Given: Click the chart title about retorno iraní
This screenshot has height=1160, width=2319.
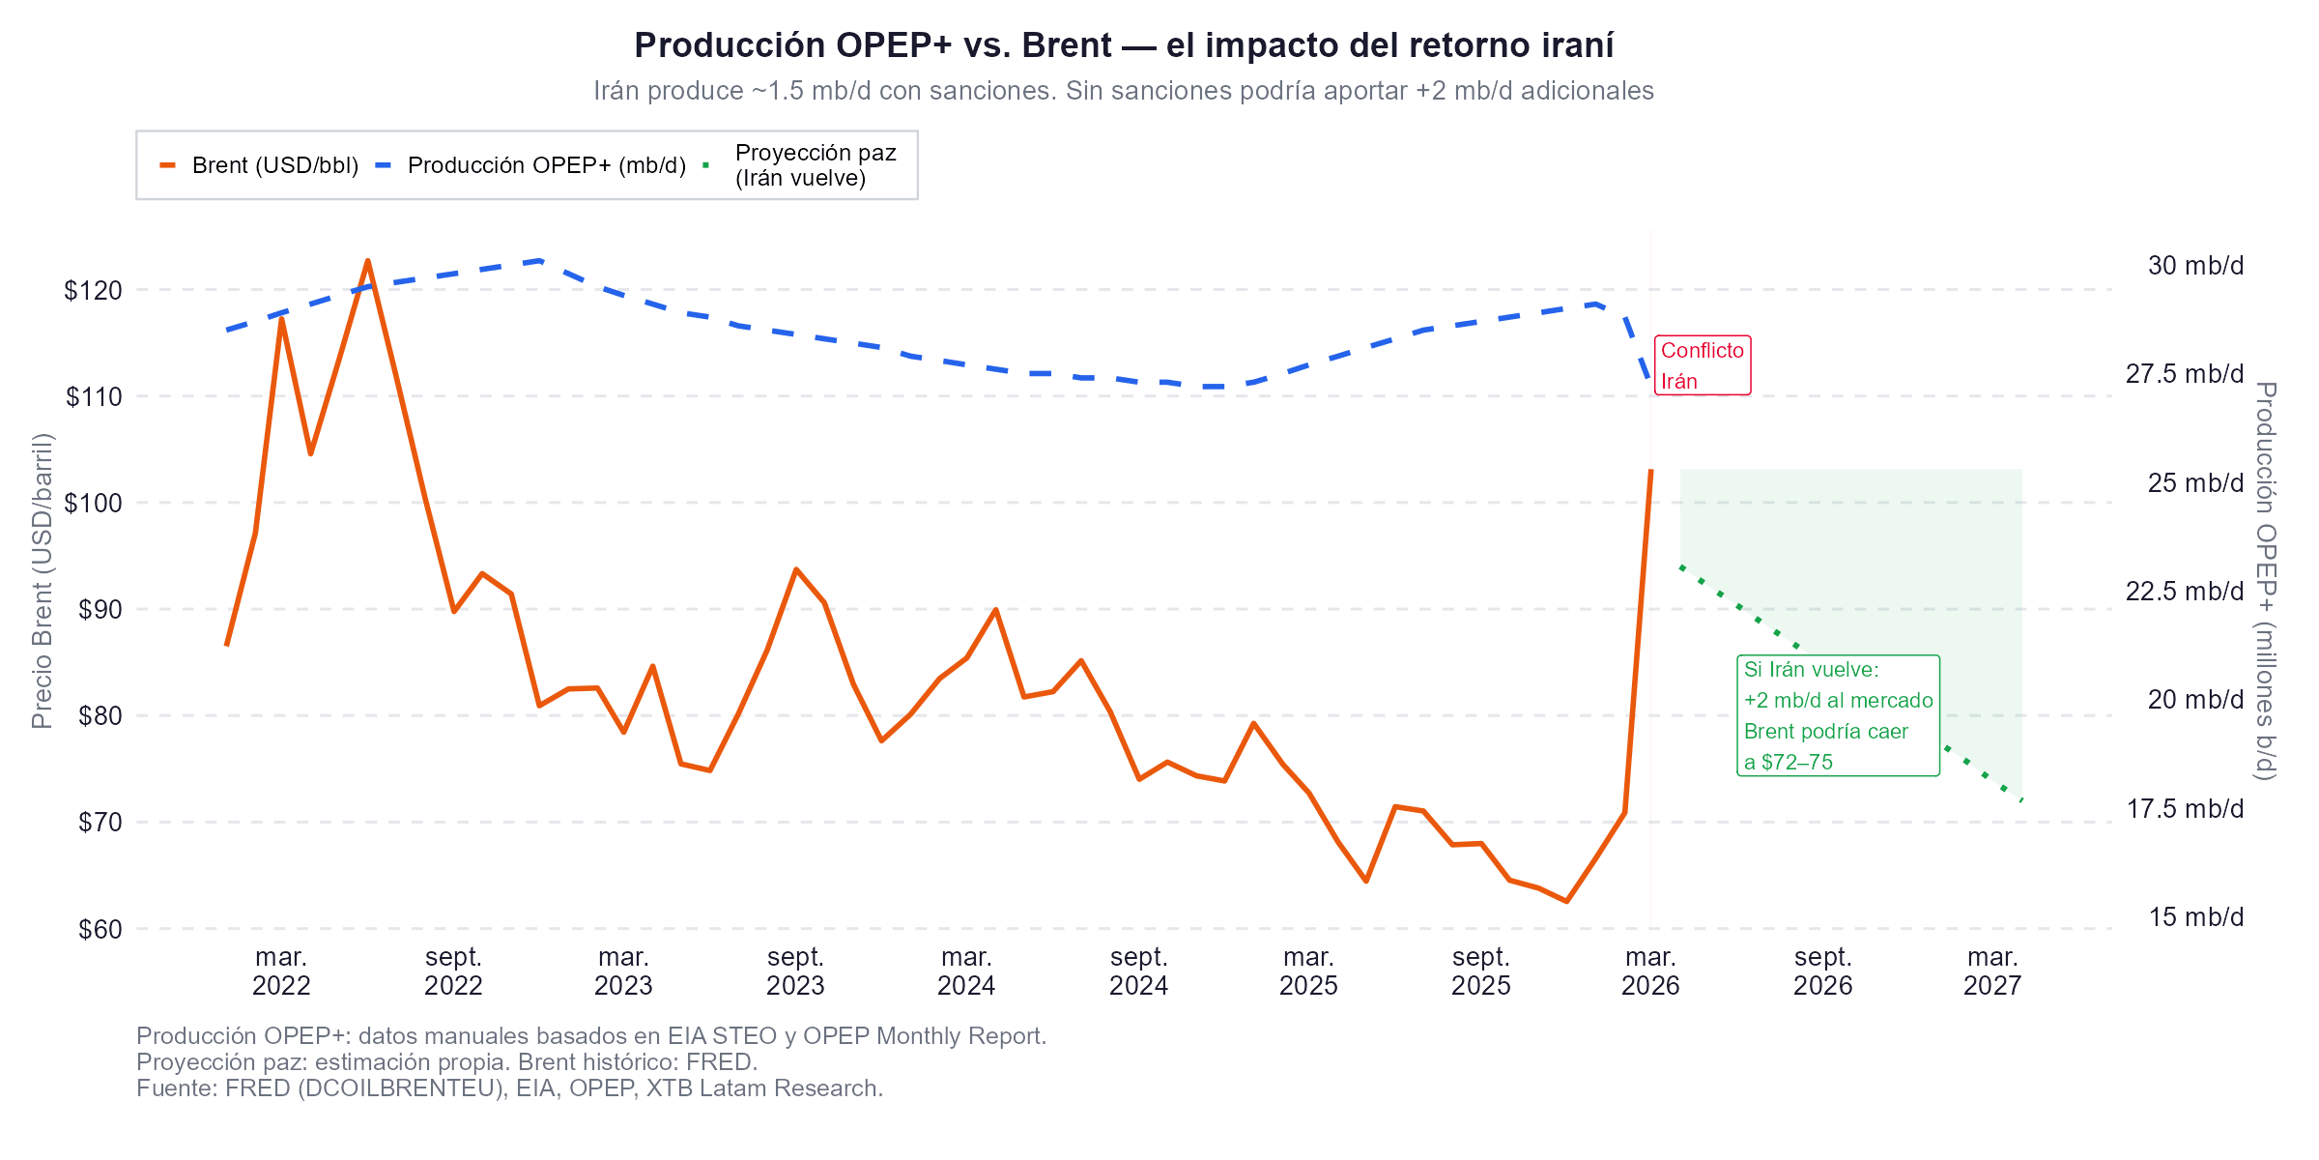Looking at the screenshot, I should click(x=1124, y=45).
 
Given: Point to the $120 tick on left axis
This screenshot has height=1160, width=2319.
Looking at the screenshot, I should click(x=93, y=290).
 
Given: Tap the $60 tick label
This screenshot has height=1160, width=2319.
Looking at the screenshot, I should click(x=100, y=929).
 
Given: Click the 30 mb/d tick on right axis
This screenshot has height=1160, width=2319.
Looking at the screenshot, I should click(x=2194, y=266).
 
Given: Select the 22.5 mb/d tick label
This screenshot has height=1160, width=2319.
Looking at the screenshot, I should click(x=2184, y=592).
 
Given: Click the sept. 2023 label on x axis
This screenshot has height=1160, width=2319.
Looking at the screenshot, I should click(x=795, y=971).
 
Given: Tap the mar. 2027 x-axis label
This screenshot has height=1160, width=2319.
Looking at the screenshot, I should click(x=1991, y=971).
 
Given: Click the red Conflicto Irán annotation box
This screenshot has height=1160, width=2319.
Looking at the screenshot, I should click(x=1702, y=365).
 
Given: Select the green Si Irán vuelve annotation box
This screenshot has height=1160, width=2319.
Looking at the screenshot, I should click(x=1837, y=715).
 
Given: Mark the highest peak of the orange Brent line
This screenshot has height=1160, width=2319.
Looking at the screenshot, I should click(x=368, y=260).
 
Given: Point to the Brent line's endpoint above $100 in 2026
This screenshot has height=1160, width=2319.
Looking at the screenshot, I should click(x=1651, y=471).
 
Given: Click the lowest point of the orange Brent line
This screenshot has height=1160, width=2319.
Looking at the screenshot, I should click(x=1566, y=902).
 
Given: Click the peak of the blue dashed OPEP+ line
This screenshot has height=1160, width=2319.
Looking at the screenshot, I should click(x=540, y=260).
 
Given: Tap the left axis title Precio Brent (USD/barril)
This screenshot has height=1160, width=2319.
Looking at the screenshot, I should click(x=42, y=580).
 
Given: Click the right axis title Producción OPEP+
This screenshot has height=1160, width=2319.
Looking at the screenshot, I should click(x=2265, y=580).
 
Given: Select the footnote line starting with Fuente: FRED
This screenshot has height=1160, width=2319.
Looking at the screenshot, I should click(x=509, y=1088).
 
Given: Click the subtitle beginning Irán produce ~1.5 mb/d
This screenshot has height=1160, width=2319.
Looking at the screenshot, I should click(x=1124, y=91).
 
